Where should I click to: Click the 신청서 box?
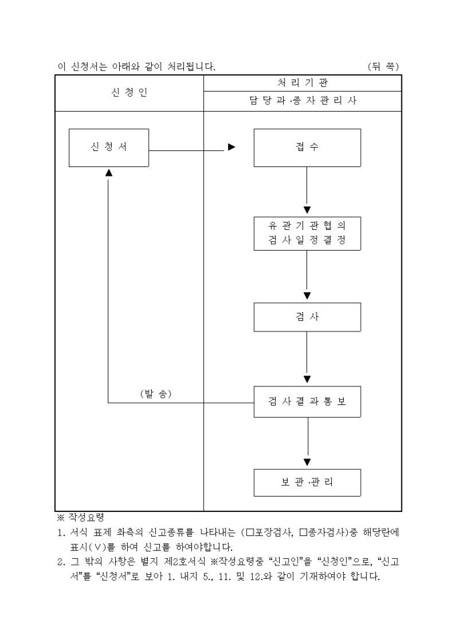coord(108,147)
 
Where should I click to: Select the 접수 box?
coord(307,147)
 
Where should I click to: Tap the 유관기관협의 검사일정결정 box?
coord(307,234)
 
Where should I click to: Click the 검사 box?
coord(307,317)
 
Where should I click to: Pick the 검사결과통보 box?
coord(307,403)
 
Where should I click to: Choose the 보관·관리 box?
coord(307,483)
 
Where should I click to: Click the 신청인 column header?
coord(129,93)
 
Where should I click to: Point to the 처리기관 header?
coord(302,83)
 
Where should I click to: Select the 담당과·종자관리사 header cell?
coord(302,102)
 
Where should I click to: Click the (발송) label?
coord(156,394)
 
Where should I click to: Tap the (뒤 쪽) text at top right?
coord(384,66)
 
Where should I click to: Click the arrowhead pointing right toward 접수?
coord(232,148)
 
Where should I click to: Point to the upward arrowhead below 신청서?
coord(108,173)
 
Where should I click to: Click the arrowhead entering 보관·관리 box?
coord(307,462)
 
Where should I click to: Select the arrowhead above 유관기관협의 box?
coord(307,211)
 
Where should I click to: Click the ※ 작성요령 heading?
coord(79,518)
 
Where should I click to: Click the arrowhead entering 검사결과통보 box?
coord(307,380)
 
